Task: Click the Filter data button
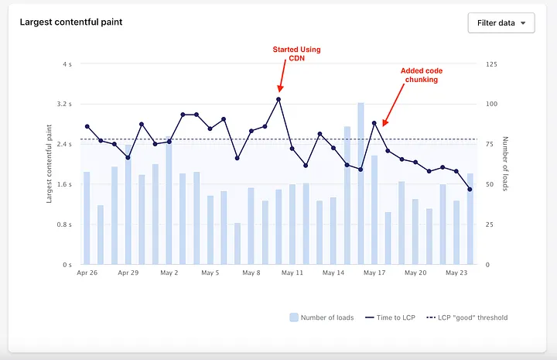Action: click(x=501, y=22)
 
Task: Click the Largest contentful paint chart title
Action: click(x=71, y=22)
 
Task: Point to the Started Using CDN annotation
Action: click(x=296, y=54)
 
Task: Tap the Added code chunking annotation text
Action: click(x=422, y=75)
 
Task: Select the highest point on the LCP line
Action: click(x=278, y=99)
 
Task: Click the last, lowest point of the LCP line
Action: click(x=470, y=189)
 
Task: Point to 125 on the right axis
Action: click(x=492, y=63)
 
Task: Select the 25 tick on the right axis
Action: click(x=490, y=225)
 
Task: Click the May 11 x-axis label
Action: click(x=292, y=273)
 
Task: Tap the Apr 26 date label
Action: click(x=87, y=273)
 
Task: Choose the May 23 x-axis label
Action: click(x=456, y=273)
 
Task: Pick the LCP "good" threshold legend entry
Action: click(x=467, y=317)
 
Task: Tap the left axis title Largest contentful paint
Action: click(x=50, y=163)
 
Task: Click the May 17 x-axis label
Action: click(x=374, y=273)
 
